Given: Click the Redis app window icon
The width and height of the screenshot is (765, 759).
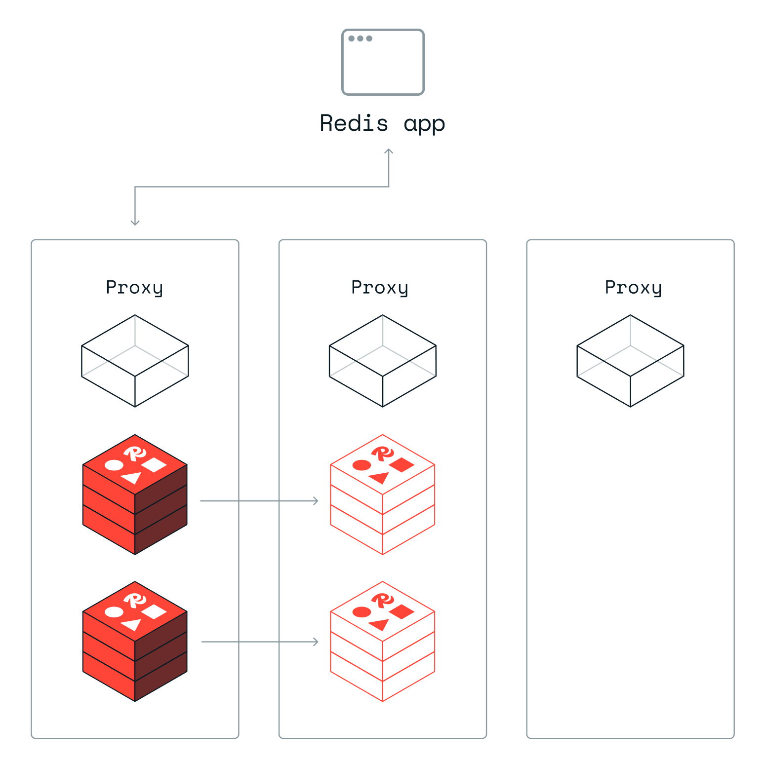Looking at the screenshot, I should (x=383, y=62).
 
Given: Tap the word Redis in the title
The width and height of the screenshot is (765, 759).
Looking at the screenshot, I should (x=354, y=123).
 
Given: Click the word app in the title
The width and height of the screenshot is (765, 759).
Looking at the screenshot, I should (x=424, y=124).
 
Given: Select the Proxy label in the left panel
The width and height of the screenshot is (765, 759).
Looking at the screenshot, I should (x=134, y=287).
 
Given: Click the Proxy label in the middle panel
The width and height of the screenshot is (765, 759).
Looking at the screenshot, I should (x=380, y=287).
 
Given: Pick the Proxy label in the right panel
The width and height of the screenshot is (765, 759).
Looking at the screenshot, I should (x=633, y=287).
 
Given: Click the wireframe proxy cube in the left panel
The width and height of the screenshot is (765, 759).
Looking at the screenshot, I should (x=135, y=361).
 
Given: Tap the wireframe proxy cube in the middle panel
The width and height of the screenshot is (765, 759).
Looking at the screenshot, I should (x=383, y=361).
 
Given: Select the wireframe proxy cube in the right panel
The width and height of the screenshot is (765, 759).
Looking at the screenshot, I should (x=630, y=361).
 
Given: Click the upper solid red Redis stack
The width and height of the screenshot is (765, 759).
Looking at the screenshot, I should (x=135, y=494).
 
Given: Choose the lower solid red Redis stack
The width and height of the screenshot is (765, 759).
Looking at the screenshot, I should (x=135, y=641).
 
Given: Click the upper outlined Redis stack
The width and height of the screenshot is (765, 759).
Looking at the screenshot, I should (x=383, y=494).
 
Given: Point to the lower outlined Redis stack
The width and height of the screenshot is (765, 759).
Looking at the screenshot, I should (x=383, y=641).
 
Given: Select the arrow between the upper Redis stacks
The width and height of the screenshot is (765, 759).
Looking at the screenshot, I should (x=259, y=501).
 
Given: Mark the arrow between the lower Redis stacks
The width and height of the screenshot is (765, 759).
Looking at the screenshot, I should (x=260, y=642).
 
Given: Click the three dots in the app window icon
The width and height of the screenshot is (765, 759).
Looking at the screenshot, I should (x=360, y=38).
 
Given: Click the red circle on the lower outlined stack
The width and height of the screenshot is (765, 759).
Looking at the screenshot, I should (x=362, y=612).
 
